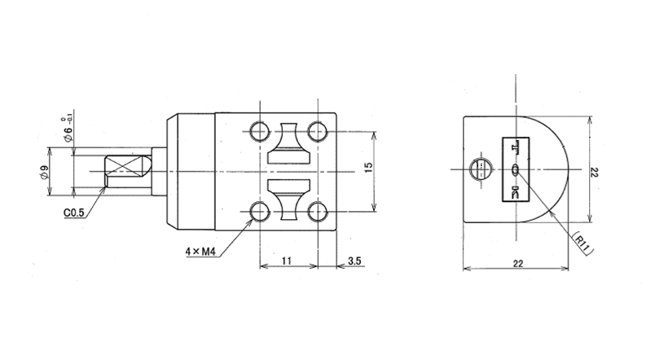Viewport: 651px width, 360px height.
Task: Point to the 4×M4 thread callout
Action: tap(199, 252)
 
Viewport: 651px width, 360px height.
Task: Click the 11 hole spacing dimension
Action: tap(287, 261)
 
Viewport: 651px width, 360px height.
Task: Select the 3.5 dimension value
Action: tap(354, 261)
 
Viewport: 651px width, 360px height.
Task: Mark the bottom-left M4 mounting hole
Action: tap(260, 213)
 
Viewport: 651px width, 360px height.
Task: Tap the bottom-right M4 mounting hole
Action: tap(316, 213)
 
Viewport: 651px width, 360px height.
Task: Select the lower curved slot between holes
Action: tap(288, 204)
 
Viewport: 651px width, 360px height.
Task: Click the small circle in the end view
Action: tap(481, 169)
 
